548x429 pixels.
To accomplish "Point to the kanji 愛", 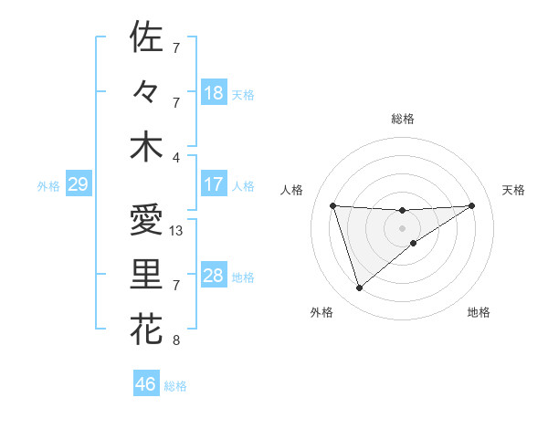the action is [x=146, y=220].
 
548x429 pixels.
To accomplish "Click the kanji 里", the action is [x=146, y=275].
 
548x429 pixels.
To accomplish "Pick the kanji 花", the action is [x=146, y=330].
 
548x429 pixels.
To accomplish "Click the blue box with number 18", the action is [x=213, y=93].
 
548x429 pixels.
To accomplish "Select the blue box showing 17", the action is [x=213, y=184].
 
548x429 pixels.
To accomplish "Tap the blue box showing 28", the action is [x=213, y=276].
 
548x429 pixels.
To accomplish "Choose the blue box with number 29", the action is [x=78, y=184].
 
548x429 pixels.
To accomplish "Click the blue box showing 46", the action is [x=145, y=384].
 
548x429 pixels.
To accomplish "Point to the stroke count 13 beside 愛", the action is [x=177, y=231].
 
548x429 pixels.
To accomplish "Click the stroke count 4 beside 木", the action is [x=176, y=157].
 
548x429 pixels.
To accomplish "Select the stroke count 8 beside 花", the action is [x=176, y=341].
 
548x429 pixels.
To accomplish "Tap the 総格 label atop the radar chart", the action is [x=403, y=119].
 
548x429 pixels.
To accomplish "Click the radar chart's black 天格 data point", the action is [x=471, y=205].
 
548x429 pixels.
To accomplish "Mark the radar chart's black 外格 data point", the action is [x=359, y=288].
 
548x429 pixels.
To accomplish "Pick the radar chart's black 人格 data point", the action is [x=333, y=205].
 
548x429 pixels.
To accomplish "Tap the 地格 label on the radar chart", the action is [x=479, y=312].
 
